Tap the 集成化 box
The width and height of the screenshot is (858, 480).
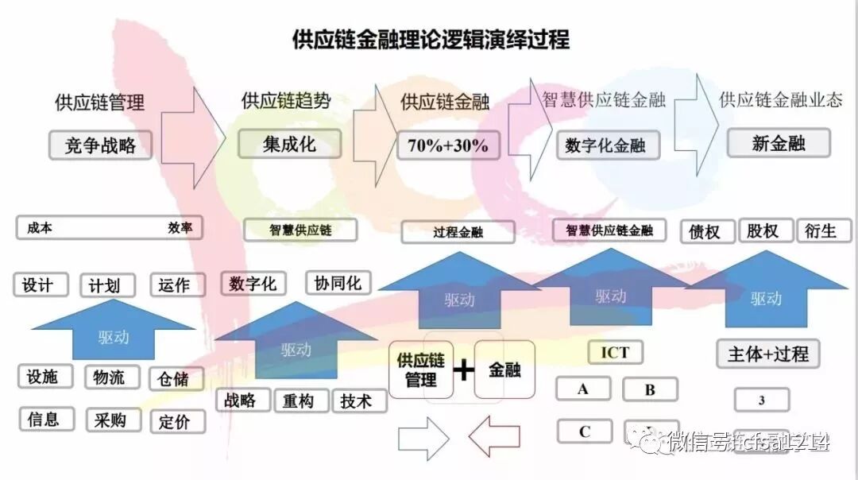[289, 144]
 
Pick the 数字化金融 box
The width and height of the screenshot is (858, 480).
[605, 145]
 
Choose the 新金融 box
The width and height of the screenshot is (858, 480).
[779, 144]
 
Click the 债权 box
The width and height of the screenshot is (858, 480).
[706, 231]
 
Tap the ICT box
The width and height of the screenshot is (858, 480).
[615, 352]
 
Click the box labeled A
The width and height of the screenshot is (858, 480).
[583, 389]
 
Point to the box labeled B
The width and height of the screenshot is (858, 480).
[650, 389]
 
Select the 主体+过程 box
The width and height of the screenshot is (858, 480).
[767, 354]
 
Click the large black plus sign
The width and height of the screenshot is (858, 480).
[462, 370]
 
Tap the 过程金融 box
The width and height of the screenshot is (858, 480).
[458, 232]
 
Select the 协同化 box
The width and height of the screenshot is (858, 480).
[338, 283]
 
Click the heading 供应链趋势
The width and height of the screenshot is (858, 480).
[286, 101]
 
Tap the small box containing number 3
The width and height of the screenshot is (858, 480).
[761, 400]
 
